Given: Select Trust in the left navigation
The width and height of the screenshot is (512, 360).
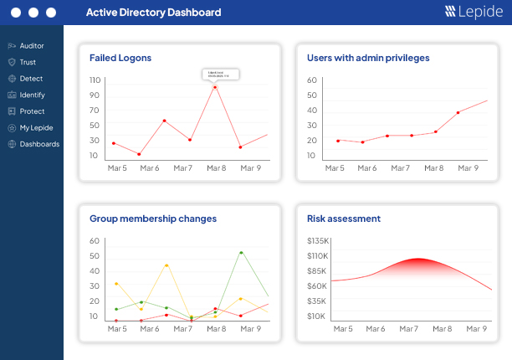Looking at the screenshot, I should (28, 62).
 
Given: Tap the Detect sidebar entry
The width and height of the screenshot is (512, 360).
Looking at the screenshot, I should (31, 79).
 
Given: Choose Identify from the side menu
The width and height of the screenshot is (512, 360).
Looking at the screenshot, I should (32, 95).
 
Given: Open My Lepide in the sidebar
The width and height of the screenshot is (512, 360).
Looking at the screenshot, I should (35, 127).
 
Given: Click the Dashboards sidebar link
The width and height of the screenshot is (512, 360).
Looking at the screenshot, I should (38, 144).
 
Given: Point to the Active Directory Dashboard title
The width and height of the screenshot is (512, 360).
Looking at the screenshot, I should (153, 13).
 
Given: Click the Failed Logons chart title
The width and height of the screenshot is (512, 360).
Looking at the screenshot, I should (120, 58).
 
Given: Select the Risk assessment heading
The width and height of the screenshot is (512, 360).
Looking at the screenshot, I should (343, 219).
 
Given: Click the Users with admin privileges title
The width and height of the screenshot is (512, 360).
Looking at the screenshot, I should (367, 58).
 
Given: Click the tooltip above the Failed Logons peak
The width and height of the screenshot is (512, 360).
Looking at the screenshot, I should (221, 75).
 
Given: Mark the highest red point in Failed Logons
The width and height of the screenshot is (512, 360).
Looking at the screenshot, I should (215, 87).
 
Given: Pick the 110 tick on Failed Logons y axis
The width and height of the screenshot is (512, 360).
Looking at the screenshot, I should (95, 80).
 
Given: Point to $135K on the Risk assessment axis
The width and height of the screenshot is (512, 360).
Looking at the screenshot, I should (316, 240).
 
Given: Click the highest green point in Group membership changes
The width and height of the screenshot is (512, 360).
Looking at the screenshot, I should (241, 252).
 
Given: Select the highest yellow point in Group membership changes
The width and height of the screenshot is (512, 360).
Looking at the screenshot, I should (166, 265).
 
